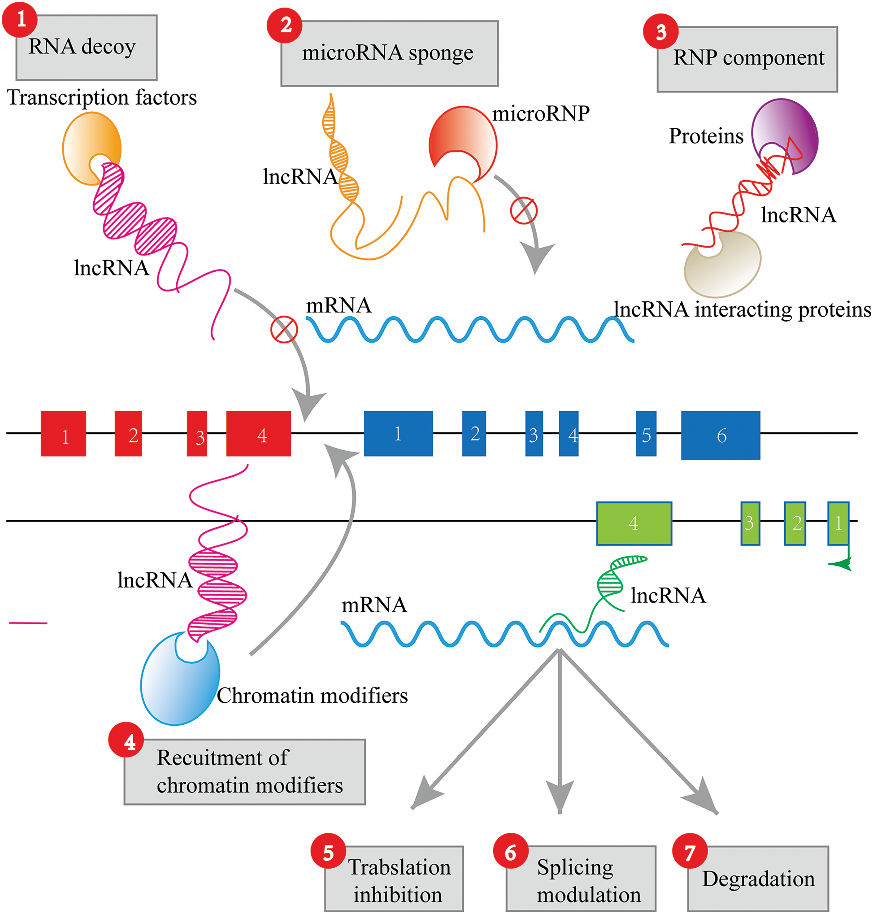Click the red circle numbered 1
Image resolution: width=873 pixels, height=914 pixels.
20,19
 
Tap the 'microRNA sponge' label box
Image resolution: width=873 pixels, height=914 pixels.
390,53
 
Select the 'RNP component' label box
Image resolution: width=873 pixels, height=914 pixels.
747,59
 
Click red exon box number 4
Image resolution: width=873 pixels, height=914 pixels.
259,434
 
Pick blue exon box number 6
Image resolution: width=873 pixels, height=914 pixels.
721,435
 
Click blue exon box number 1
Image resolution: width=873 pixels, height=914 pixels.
398,434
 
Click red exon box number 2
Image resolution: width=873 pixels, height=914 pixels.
128,434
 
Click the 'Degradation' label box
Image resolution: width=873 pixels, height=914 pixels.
758,879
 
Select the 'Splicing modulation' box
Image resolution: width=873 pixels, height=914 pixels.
581,879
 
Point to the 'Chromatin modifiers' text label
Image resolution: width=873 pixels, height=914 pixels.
312,696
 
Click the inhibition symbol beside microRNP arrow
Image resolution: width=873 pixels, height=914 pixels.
523,210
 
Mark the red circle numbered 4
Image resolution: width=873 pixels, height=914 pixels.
126,740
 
